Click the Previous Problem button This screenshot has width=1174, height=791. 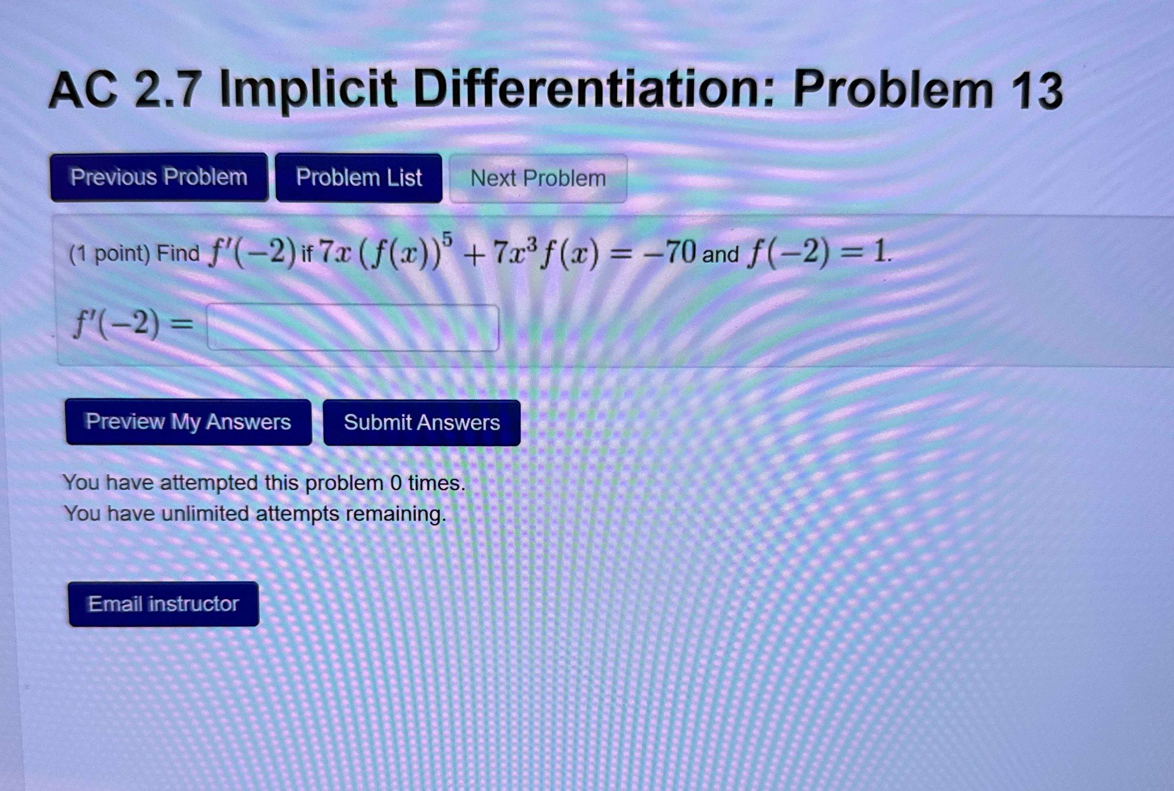[159, 177]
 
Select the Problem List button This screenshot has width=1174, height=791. [359, 178]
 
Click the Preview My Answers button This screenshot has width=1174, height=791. [188, 422]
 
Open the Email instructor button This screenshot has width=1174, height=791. [163, 604]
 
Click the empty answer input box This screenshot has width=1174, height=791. [353, 327]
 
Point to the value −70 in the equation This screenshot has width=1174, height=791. [669, 253]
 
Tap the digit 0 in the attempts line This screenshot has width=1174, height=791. [396, 483]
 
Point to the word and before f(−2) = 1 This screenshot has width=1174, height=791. [720, 254]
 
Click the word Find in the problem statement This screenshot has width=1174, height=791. [178, 253]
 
